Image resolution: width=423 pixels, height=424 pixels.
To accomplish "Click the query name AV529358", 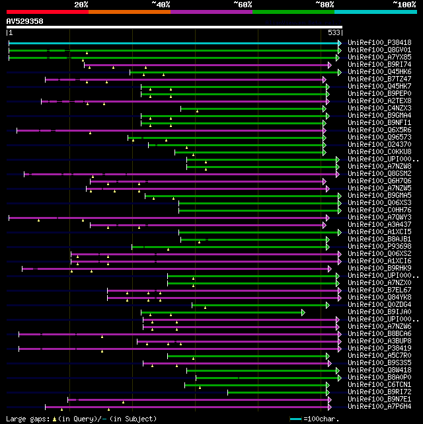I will (x=24, y=21).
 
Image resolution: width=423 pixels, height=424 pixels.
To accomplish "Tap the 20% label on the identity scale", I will (x=81, y=4).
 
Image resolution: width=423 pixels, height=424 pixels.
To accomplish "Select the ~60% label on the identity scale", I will (x=243, y=4).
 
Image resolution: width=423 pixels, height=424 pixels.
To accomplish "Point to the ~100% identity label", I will (x=404, y=4).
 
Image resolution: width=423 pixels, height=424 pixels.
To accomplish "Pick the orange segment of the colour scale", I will (x=129, y=11).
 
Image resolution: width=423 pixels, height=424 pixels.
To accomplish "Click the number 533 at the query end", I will (x=334, y=32).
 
